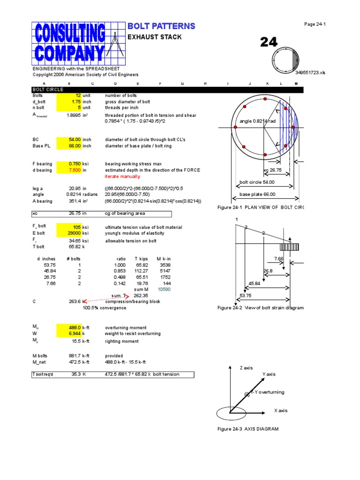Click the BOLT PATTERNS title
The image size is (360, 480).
click(161, 26)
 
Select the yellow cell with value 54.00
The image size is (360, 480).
click(69, 140)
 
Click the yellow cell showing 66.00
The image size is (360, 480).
click(69, 146)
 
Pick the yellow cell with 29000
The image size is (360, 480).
click(69, 233)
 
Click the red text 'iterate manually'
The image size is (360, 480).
click(122, 177)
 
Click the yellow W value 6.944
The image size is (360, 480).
click(69, 334)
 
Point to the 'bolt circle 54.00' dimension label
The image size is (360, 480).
click(257, 182)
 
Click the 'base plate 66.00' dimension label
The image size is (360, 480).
click(257, 195)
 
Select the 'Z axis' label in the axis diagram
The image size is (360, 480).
click(246, 368)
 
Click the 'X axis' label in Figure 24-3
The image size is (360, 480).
click(281, 411)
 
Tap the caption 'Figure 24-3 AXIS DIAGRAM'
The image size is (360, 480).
click(248, 429)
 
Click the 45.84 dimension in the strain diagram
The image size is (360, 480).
click(255, 284)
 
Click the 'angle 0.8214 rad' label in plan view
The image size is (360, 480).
click(258, 121)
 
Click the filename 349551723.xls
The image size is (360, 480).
click(310, 73)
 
